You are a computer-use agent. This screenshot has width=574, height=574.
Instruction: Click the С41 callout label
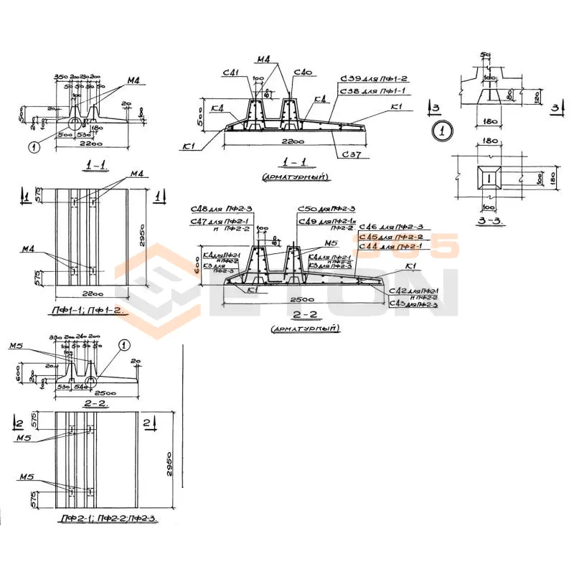click(x=230, y=72)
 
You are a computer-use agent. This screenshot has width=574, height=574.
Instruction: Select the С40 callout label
click(x=304, y=72)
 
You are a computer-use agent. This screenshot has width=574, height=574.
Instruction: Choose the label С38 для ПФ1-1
click(x=373, y=91)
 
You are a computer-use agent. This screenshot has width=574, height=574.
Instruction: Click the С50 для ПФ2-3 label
click(x=326, y=208)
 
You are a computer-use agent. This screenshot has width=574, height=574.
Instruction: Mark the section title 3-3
click(x=491, y=220)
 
